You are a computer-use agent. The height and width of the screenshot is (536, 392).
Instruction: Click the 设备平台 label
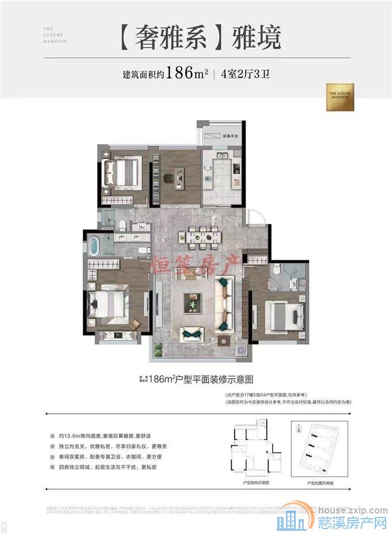[231, 136]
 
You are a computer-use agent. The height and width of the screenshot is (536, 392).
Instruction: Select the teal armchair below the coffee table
[191, 333]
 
